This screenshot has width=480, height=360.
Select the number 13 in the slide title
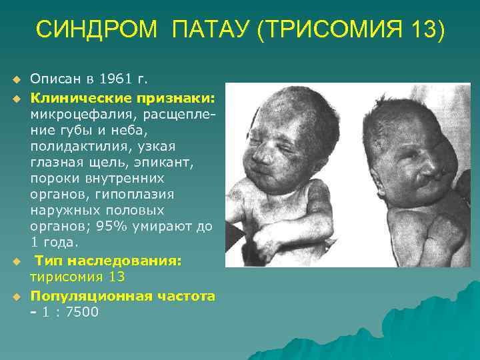click(424, 30)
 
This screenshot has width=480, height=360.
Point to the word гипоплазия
click(143, 194)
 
